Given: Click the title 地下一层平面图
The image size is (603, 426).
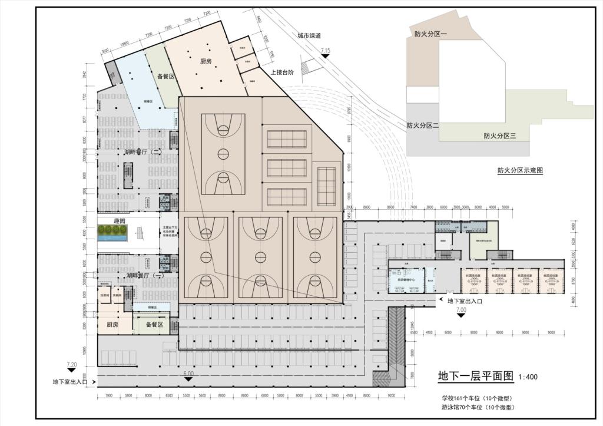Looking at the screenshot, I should (x=476, y=376).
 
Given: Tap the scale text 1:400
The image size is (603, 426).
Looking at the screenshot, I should (x=528, y=377).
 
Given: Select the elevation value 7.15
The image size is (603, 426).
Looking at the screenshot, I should (x=326, y=51).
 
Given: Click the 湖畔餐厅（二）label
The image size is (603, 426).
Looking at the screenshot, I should (x=143, y=152).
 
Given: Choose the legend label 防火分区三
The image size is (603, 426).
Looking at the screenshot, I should (x=500, y=136).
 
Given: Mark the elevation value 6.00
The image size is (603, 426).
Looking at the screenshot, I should (x=188, y=374).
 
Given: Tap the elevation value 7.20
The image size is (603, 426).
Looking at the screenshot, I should (x=72, y=365).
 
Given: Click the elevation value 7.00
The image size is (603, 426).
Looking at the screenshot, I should (x=461, y=309).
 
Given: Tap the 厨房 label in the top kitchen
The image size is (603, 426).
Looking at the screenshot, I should (x=206, y=61).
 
